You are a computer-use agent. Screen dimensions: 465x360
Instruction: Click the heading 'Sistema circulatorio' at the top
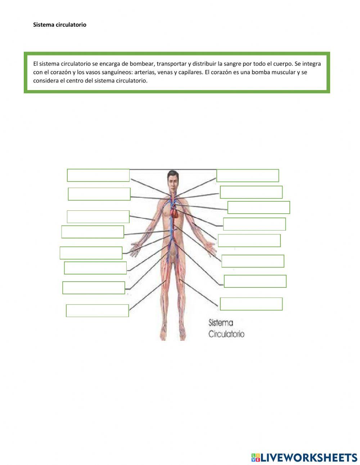(x=60, y=25)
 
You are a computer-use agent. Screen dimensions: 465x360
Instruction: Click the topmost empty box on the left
(x=98, y=175)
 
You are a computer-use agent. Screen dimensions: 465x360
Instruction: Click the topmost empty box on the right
(x=248, y=175)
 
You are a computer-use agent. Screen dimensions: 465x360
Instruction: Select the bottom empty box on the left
(x=97, y=310)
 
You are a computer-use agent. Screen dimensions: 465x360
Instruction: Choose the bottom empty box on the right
(x=251, y=304)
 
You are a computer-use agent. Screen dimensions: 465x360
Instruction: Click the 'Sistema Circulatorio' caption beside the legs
(x=226, y=328)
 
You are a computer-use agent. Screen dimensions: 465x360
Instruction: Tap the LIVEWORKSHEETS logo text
(x=309, y=457)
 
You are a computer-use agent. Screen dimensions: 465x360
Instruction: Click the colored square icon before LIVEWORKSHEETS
(x=255, y=457)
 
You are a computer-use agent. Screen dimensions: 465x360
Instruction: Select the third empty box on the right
(x=258, y=207)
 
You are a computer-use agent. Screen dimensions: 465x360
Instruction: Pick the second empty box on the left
(x=99, y=194)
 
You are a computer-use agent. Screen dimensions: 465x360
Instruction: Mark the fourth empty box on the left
(x=93, y=232)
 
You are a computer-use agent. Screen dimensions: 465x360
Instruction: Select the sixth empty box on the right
(x=253, y=261)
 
